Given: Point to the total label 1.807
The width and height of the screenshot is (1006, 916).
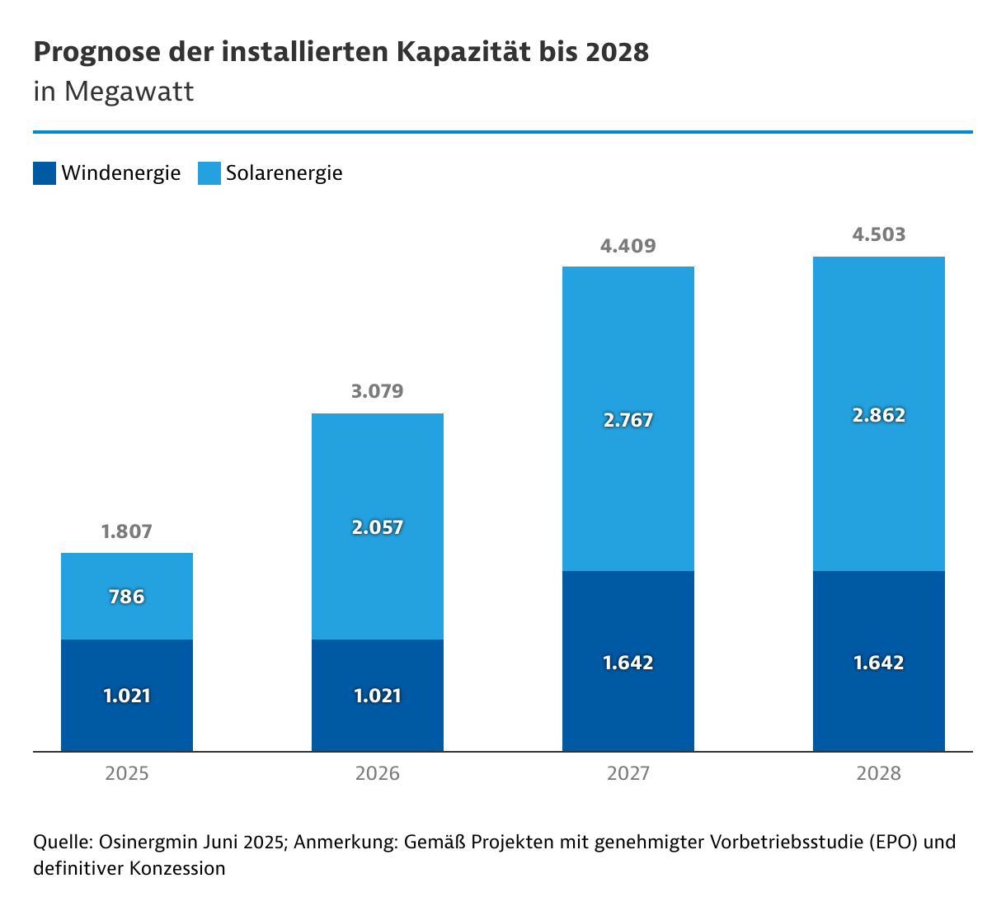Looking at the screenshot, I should coord(127,531).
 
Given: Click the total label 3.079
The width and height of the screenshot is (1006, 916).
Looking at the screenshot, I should coord(378,391).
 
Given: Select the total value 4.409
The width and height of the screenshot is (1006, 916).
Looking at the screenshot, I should coord(628,246).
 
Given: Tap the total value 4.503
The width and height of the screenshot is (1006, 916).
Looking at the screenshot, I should coord(879,235).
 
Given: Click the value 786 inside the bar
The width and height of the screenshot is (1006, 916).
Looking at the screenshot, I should coord(127,597).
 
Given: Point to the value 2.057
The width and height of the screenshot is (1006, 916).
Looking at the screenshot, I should coord(378,527).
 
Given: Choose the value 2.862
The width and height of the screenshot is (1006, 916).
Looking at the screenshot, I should coord(879,415).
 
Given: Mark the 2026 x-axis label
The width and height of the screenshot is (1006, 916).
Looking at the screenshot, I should coord(378,774).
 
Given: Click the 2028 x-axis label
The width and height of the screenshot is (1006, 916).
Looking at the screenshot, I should coord(879,774).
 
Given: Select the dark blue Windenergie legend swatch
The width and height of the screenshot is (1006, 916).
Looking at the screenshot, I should coord(45,173).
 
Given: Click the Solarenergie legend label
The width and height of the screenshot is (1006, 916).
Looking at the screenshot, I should coord(284,173).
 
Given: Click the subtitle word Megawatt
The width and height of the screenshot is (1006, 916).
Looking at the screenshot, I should coord(129,91).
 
